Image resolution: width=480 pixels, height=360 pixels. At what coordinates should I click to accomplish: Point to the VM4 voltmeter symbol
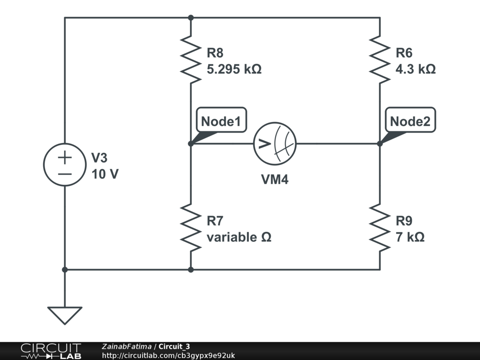[275, 144]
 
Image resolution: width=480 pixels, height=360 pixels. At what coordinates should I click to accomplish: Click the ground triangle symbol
[65, 315]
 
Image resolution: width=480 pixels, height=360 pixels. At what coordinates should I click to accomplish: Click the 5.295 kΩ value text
[234, 69]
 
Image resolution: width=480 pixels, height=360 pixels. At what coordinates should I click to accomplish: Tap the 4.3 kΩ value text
[415, 69]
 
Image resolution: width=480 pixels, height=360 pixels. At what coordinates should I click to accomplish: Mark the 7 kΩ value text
[410, 237]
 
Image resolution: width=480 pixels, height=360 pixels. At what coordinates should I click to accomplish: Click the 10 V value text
[105, 174]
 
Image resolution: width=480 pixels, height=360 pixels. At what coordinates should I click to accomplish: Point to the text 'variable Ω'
[239, 237]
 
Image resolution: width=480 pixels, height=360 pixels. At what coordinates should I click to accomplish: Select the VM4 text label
[275, 179]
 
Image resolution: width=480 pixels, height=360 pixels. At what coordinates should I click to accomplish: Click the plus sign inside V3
[65, 157]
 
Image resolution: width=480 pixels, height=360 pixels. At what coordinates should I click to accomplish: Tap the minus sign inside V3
[65, 174]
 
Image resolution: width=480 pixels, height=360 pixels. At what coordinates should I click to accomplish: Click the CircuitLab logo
[50, 351]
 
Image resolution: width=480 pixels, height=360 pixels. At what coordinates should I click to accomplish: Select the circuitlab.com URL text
[168, 355]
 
